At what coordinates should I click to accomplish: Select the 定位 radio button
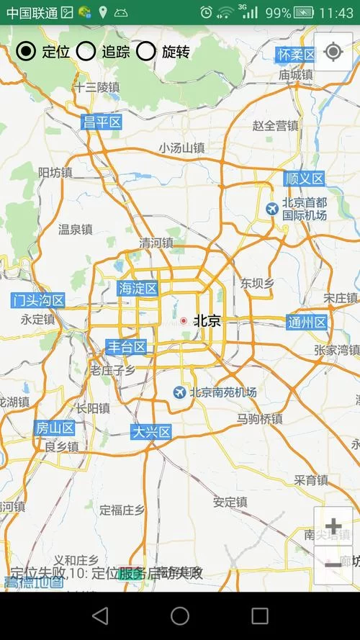pyautogui.click(x=27, y=50)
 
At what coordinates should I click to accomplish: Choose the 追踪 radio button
pyautogui.click(x=86, y=50)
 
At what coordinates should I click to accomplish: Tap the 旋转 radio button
pyautogui.click(x=146, y=50)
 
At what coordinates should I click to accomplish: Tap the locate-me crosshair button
pyautogui.click(x=333, y=52)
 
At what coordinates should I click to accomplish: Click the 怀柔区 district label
pyautogui.click(x=297, y=55)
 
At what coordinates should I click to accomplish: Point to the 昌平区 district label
pyautogui.click(x=102, y=122)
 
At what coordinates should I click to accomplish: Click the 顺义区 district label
pyautogui.click(x=304, y=179)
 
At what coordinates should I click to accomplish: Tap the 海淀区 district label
pyautogui.click(x=138, y=289)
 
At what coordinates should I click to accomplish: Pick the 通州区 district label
pyautogui.click(x=307, y=322)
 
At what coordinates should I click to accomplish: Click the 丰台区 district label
pyautogui.click(x=127, y=347)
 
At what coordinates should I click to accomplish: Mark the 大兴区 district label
pyautogui.click(x=151, y=432)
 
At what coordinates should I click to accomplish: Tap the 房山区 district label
pyautogui.click(x=55, y=428)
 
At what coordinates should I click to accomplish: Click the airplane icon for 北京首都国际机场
pyautogui.click(x=272, y=209)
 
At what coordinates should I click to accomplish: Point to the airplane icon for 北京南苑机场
pyautogui.click(x=179, y=392)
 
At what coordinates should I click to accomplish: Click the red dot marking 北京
pyautogui.click(x=184, y=320)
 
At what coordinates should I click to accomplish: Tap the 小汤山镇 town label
pyautogui.click(x=181, y=148)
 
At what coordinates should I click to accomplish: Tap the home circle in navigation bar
pyautogui.click(x=180, y=616)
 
